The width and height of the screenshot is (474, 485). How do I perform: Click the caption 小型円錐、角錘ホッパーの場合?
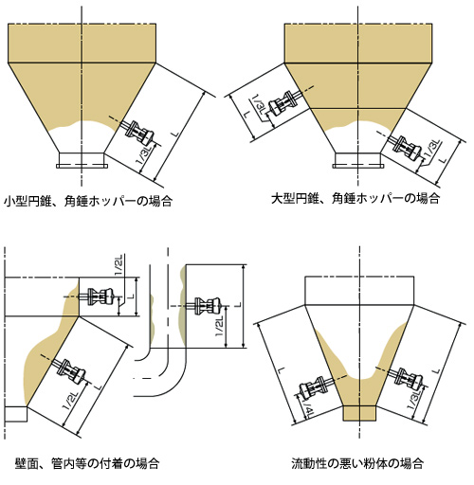coord(88,201)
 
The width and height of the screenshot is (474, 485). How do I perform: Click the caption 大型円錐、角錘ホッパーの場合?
coord(355,199)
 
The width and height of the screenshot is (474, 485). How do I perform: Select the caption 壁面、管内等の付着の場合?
coord(87,463)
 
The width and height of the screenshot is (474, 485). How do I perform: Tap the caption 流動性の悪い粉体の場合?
coord(357,463)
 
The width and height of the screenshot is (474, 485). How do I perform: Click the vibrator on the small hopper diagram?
coord(138,134)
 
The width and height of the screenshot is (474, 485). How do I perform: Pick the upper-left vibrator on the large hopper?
coord(282,103)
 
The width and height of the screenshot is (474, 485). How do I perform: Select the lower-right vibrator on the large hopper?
coord(406,148)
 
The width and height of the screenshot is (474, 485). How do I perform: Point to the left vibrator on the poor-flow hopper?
coord(315,387)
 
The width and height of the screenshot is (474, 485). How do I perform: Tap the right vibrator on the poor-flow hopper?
coord(408,377)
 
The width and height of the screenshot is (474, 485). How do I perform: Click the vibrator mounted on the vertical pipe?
coord(207,306)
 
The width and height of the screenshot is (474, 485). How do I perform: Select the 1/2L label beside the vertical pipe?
coord(219,327)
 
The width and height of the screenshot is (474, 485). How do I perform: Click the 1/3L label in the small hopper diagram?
coord(144,154)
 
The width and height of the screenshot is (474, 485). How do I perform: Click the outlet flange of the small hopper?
coord(82,166)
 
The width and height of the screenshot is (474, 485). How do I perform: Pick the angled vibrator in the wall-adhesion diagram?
coord(70,371)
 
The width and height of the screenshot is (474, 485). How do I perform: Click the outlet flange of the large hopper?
coord(358,166)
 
